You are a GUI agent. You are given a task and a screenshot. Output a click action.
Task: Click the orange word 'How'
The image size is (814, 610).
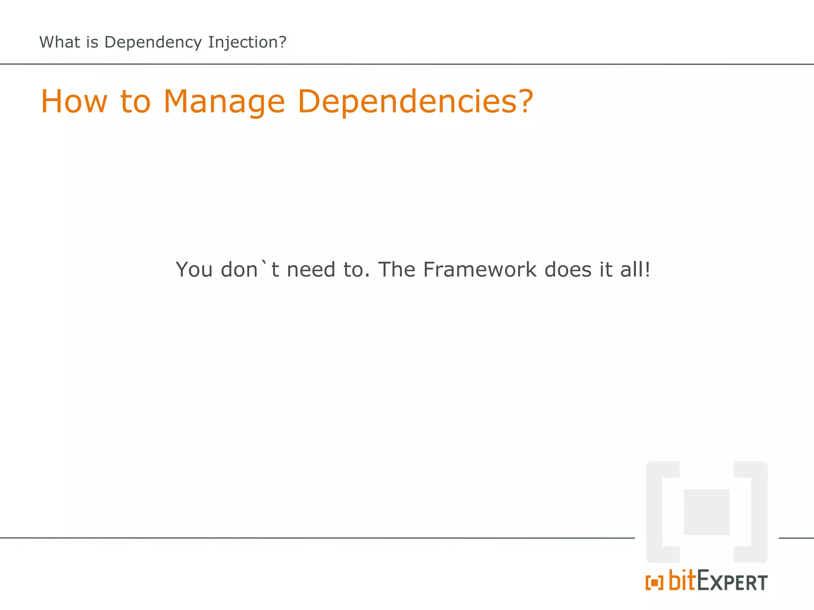74,102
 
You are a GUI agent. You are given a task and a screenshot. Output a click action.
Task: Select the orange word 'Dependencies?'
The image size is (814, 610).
415,102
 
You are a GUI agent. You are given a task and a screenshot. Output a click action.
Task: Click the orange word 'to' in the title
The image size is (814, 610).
135,102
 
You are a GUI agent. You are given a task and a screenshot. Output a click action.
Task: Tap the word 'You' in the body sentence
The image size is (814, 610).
194,270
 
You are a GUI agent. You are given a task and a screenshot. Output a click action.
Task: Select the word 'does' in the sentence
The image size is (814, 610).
568,270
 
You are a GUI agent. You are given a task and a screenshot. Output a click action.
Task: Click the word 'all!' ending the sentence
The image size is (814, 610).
635,270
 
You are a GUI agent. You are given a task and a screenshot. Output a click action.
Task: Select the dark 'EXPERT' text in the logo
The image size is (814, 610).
733,581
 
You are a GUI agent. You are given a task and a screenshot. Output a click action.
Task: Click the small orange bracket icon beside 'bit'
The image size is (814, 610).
654,583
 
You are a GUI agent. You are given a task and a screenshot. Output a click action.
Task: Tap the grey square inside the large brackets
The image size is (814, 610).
707,512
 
